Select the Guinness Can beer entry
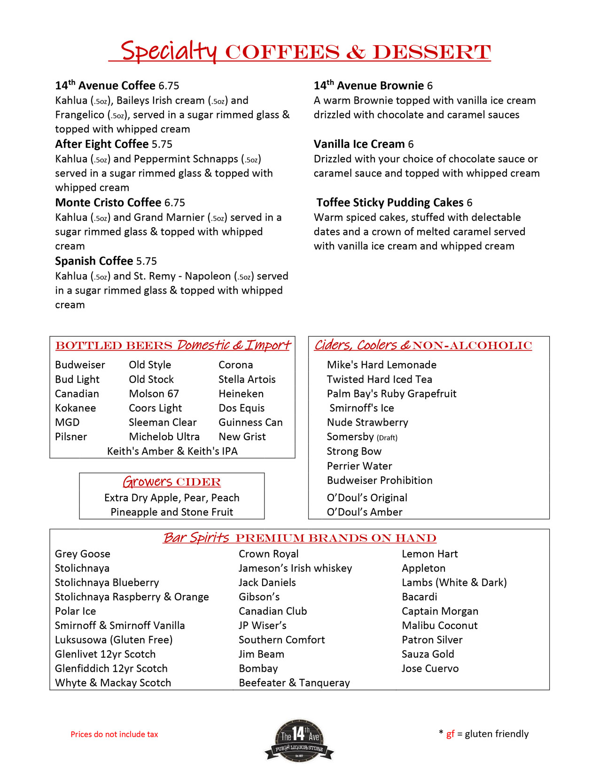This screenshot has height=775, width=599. tap(250, 422)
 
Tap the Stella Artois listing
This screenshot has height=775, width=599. tap(247, 379)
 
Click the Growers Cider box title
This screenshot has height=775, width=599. tap(171, 482)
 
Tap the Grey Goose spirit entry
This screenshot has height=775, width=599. tap(83, 554)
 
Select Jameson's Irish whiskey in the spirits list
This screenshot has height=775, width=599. tap(295, 568)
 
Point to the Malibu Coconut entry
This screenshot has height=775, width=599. tap(439, 626)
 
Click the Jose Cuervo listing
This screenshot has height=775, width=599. tap(430, 668)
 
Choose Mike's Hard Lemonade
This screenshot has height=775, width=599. tap(381, 365)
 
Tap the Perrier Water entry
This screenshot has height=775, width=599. tap(359, 466)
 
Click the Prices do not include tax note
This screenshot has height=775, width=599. tap(114, 734)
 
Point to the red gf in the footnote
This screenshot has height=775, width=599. tap(450, 734)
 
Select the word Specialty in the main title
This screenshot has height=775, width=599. tap(169, 51)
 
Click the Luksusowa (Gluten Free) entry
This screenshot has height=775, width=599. tap(114, 640)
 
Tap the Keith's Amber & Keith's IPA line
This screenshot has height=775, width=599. tap(172, 451)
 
